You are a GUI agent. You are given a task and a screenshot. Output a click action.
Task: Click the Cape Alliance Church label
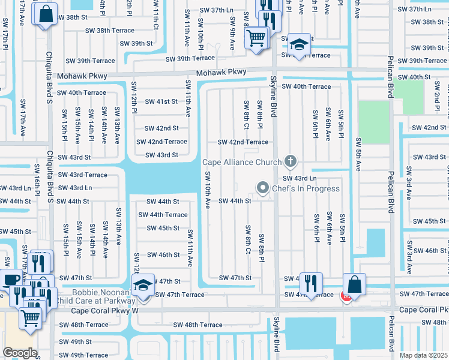tap(241, 162)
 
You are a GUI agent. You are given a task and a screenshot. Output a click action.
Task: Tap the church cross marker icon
tap(291, 160)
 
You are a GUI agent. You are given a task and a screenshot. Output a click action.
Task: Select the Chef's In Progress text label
tap(306, 188)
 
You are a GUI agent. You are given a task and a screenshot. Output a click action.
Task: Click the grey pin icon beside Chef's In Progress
tap(262, 188)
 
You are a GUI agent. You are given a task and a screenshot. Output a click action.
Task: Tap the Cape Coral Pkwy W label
tap(105, 311)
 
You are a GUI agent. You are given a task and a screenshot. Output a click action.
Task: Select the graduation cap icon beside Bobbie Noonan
tap(143, 284)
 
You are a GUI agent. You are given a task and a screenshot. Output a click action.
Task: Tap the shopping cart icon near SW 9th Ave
tap(256, 38)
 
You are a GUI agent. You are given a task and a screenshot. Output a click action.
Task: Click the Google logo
tap(20, 352)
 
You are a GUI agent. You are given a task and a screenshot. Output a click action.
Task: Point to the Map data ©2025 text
tap(423, 355)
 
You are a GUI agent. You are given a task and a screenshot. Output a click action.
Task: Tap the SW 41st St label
tap(161, 101)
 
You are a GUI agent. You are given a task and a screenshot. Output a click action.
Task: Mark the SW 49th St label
tap(75, 341)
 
